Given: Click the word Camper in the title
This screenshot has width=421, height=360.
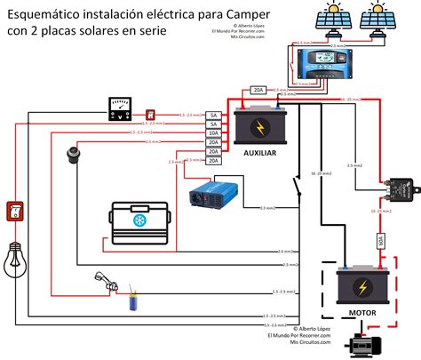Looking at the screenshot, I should click(200, 15).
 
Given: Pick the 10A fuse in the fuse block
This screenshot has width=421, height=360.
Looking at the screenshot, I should click(213, 134).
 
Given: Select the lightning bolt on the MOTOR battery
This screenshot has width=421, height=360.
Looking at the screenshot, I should click(363, 287).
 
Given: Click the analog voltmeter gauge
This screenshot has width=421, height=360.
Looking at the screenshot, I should click(120, 110).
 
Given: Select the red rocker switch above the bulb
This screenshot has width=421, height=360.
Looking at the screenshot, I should click(14, 211).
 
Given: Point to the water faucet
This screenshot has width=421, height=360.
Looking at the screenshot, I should click(104, 284).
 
